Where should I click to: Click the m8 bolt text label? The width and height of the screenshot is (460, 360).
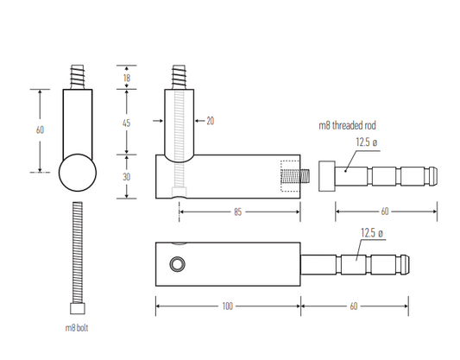coord(77,328)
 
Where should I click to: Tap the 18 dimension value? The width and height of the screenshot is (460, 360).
coord(126,79)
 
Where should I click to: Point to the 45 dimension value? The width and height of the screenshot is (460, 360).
coord(126,123)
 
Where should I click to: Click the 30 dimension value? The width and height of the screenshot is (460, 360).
coord(126,177)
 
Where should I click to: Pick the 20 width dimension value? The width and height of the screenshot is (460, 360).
coord(210,122)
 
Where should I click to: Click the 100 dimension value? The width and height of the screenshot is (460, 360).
coord(228,306)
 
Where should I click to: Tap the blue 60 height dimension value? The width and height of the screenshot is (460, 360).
coord(40,129)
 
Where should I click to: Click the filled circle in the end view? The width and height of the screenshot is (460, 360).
coord(77,171)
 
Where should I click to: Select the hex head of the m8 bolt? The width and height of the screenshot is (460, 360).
coord(77,309)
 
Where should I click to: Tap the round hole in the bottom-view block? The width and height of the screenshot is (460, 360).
coord(178,262)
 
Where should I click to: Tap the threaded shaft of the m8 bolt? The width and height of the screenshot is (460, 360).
coord(77,250)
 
